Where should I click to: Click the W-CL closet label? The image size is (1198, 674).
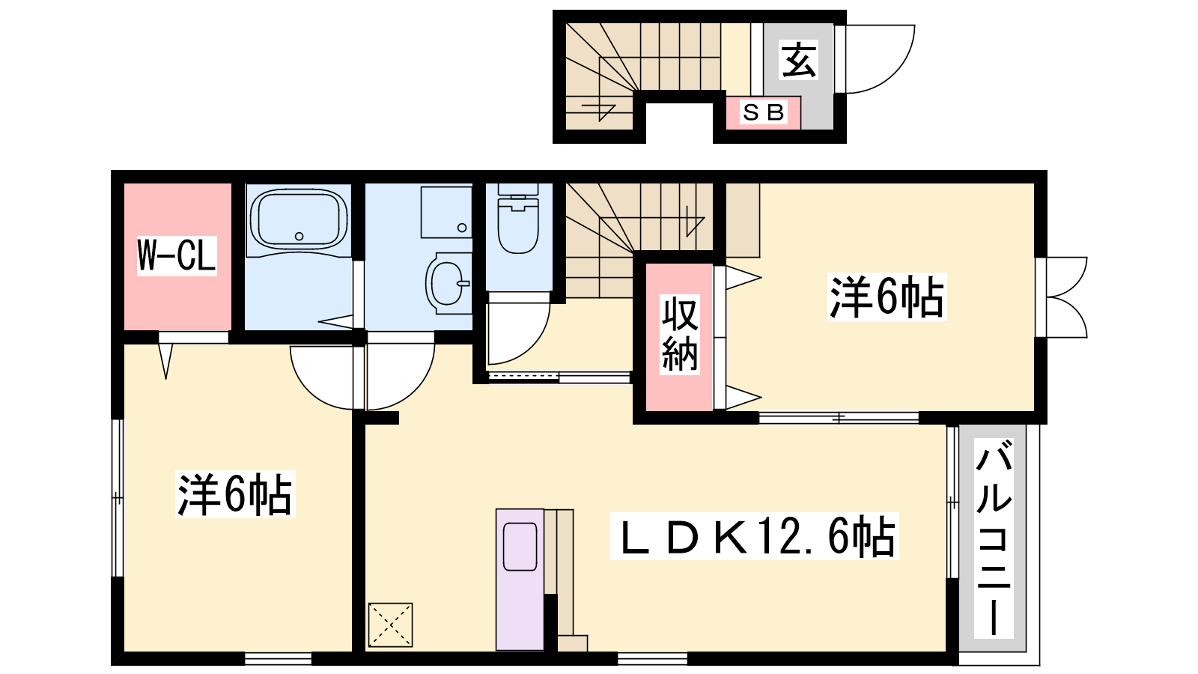177,255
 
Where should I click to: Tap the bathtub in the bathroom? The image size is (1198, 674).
299,219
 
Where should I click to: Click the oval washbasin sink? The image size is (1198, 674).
447,283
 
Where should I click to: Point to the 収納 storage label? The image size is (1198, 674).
680,334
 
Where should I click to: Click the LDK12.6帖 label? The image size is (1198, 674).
755,536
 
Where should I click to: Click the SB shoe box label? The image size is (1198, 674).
763,112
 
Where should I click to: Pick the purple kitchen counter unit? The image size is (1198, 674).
520,580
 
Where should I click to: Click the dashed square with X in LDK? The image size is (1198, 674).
390,625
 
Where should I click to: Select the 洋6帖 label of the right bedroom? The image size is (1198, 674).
887,297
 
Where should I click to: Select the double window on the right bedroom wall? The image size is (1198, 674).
1062,297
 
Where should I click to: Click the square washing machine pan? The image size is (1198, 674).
446,212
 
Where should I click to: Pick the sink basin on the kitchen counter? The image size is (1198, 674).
520,546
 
